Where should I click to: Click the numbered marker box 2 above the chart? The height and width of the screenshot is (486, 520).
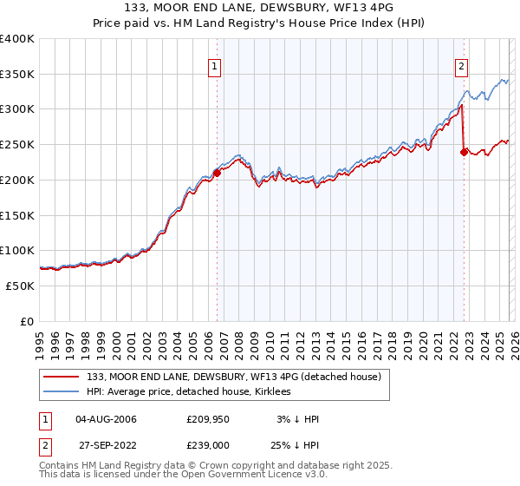(x=462, y=64)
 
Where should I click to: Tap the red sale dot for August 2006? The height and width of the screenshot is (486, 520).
(x=217, y=173)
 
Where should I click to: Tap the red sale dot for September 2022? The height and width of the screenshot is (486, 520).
(x=464, y=152)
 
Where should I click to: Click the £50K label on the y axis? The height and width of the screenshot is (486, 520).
(x=21, y=286)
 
